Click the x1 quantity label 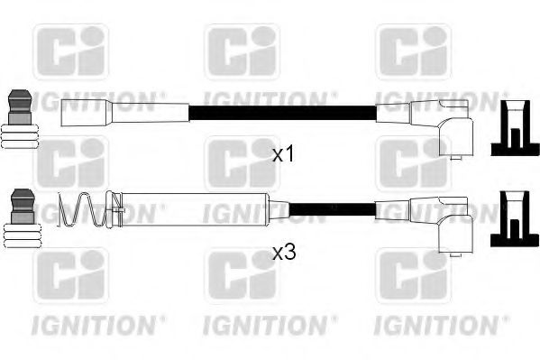284,154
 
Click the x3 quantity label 284,254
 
